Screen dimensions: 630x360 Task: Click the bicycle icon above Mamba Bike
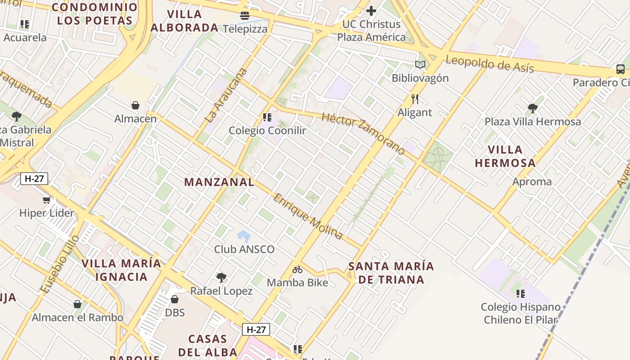coord(297,270)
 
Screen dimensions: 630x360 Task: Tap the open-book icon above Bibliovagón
coord(420,65)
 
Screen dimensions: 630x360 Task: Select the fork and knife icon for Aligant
coord(414,99)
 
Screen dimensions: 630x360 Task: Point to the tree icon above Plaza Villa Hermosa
coord(533,108)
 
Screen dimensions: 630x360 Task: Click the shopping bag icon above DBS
coord(175,299)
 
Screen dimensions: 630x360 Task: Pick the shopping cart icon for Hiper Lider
coord(46,200)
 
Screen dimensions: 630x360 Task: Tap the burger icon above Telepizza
coord(245,16)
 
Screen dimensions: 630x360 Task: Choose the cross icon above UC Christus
coord(371,10)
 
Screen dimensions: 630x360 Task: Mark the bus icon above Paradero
coord(620,69)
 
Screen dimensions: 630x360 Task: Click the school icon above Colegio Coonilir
coord(267,117)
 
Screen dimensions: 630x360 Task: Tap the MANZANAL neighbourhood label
coord(219,182)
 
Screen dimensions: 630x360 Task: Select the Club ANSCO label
coord(244,249)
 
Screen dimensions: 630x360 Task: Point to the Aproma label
coord(532,182)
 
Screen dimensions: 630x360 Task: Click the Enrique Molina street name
coord(308,216)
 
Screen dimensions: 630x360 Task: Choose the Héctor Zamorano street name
coord(364,134)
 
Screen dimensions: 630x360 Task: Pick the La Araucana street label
coord(226,95)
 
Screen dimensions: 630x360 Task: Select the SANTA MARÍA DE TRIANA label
coord(391,273)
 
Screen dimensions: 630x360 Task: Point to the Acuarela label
coord(25,38)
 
